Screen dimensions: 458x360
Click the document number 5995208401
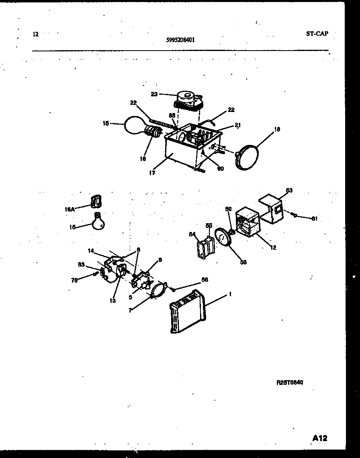pos(181,40)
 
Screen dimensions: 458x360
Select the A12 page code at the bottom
pos(320,438)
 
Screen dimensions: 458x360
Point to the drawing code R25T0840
pos(290,383)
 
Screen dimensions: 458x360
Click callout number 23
pos(154,94)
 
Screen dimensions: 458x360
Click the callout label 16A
pos(70,209)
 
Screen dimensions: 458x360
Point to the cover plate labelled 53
pos(272,209)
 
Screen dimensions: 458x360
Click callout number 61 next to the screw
pos(314,218)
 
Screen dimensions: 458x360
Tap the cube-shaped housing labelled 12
pos(248,223)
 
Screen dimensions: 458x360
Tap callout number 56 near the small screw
pos(205,280)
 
